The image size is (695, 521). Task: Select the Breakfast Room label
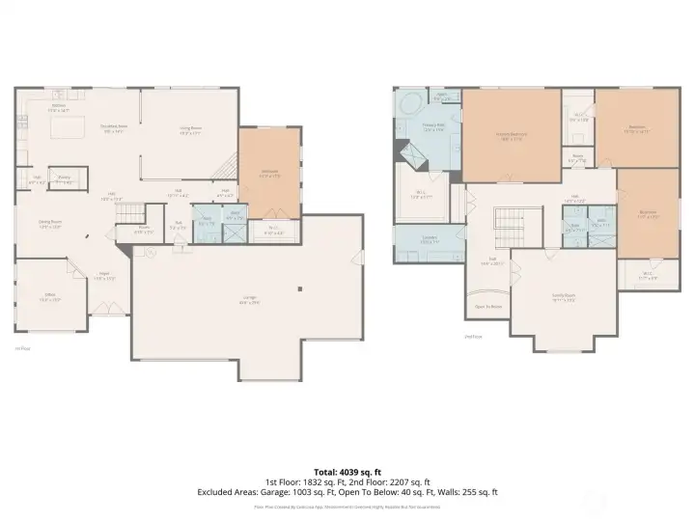[x=115, y=127]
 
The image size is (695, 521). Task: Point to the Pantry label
[x=65, y=178]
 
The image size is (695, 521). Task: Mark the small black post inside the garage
[x=300, y=288]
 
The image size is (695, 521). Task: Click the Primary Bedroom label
[x=510, y=135]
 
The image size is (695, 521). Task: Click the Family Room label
[x=563, y=298]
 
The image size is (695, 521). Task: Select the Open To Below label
[x=489, y=308]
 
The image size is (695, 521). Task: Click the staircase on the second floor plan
[x=509, y=229]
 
